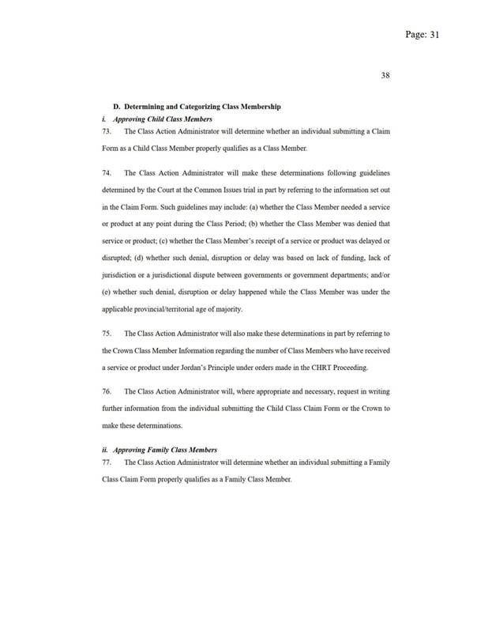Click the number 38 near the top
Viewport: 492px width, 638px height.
point(386,76)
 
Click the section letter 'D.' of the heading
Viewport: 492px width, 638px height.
point(118,106)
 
